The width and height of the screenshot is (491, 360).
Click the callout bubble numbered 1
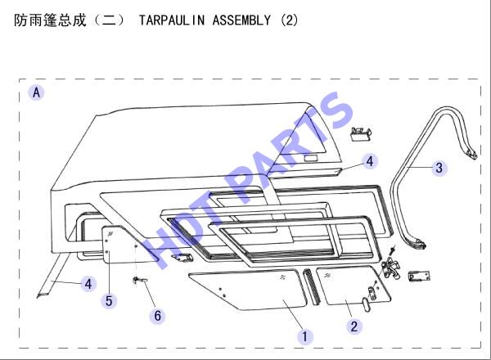304,336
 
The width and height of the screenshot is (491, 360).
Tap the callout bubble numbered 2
354,326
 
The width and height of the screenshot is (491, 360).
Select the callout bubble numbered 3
439,168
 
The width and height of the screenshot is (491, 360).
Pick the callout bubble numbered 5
109,301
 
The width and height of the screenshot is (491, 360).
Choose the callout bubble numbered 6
157,315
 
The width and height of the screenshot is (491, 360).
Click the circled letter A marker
36,92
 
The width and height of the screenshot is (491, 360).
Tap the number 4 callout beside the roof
370,161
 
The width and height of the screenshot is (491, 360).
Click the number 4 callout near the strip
88,284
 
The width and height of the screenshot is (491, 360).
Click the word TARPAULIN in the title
172,20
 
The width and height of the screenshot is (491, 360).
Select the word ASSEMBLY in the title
241,20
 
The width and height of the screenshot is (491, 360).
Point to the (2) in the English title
289,20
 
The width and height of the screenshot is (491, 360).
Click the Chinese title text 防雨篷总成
50,20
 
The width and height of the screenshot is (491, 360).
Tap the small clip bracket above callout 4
361,134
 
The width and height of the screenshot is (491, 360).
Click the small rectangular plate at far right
419,276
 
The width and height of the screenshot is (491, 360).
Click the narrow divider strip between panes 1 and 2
311,286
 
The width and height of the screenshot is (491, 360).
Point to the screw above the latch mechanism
392,250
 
